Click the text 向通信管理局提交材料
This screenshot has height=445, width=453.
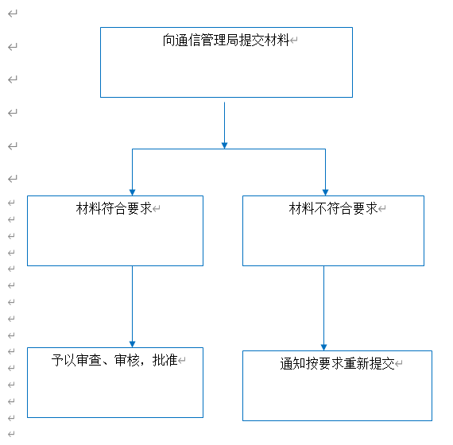coord(226,41)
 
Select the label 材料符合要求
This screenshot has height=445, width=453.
coord(114,208)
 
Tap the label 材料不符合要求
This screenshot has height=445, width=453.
coord(333,208)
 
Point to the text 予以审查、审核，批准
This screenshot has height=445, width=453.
coord(114,360)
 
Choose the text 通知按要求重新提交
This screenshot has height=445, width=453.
coord(337,363)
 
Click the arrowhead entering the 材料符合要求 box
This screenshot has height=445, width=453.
coord(132,192)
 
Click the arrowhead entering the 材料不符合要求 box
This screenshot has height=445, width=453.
coord(325,192)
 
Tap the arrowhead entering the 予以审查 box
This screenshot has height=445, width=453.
coord(132,344)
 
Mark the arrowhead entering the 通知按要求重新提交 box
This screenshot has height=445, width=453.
coord(324,347)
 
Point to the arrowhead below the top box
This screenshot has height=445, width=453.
coord(224,145)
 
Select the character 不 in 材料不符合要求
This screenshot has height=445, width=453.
coord(320,208)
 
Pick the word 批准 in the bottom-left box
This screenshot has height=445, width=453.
coord(165,360)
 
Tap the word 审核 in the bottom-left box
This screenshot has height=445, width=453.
coord(127,360)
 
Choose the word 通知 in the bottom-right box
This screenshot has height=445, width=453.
coord(292,363)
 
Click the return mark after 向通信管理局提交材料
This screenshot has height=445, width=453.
coord(293,41)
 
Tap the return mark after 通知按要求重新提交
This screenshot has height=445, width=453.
coord(399,363)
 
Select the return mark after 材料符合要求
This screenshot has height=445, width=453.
coord(157,209)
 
